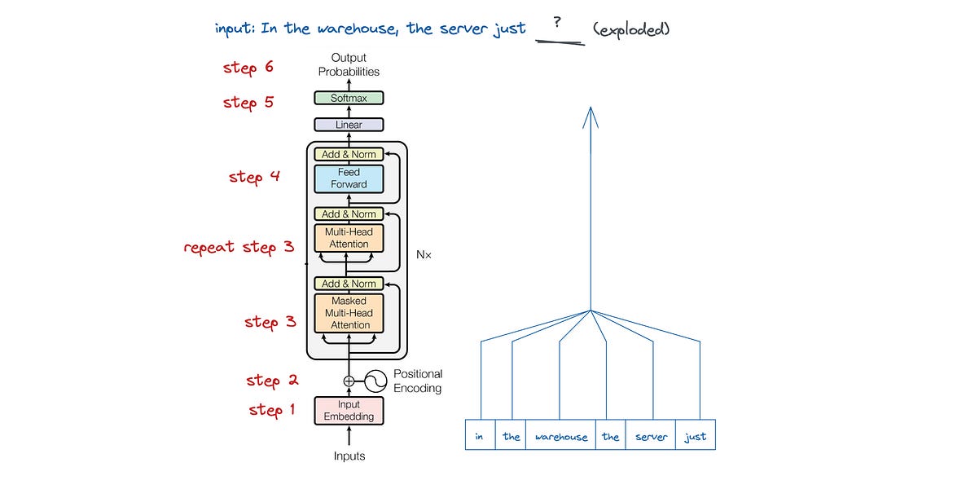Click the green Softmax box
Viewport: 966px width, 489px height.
[349, 98]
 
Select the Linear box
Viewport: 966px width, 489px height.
[349, 125]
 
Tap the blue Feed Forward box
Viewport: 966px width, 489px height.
[349, 178]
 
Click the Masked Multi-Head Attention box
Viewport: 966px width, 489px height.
[349, 313]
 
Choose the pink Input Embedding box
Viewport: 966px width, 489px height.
[349, 411]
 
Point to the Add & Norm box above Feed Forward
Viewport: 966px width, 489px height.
[349, 154]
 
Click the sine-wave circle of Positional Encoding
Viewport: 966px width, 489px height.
[375, 381]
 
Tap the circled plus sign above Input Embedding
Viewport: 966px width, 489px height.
[349, 381]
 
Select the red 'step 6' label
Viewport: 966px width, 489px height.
[248, 68]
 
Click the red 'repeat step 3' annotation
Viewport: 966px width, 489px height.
[239, 246]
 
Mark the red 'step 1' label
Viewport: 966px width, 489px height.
[272, 410]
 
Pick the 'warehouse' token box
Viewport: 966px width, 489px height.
[560, 436]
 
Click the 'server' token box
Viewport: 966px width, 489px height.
[651, 436]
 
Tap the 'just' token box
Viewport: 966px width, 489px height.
[696, 436]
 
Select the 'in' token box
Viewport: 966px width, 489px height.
[480, 436]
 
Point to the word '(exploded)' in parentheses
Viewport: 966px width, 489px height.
[631, 29]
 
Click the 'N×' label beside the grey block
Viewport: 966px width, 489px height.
[424, 254]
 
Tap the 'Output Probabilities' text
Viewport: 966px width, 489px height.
[349, 64]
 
